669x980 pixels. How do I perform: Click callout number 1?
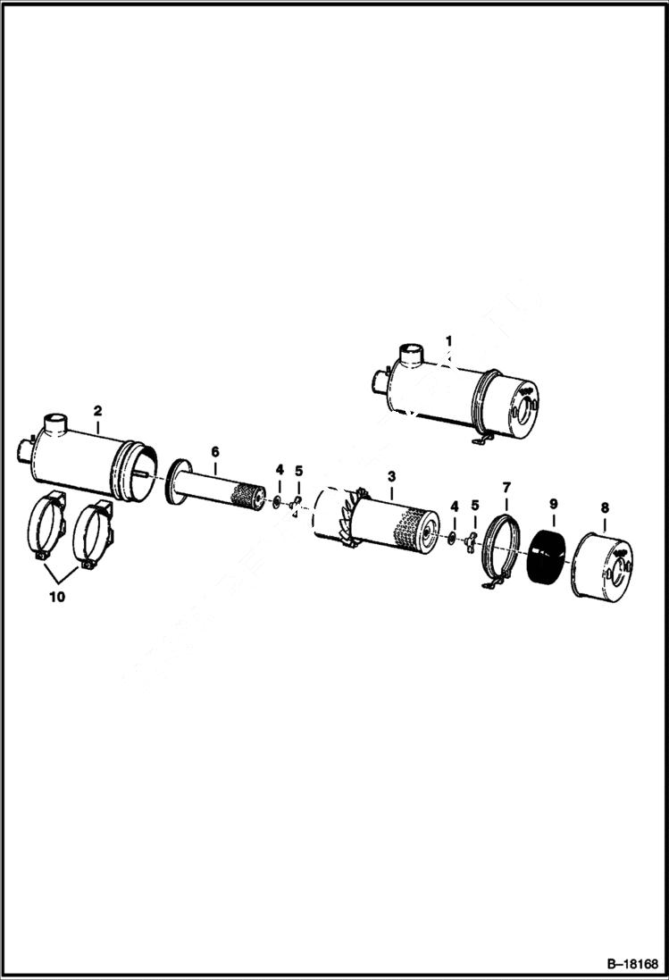[449, 340]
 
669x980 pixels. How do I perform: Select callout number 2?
[97, 410]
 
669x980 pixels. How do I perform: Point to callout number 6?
[214, 453]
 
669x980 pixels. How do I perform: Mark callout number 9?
[553, 505]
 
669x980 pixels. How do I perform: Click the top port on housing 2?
[55, 422]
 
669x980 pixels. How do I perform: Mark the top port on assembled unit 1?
[411, 354]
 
